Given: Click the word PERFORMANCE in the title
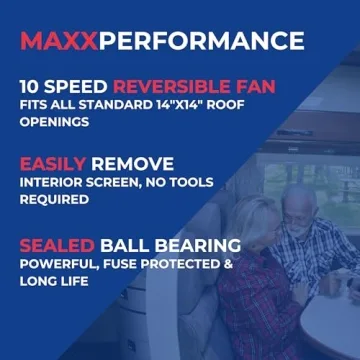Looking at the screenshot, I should tap(202, 41).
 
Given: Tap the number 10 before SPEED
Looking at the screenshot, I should tap(32, 87).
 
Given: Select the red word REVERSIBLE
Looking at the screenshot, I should tap(164, 87).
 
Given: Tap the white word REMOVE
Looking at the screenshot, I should tap(131, 164).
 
